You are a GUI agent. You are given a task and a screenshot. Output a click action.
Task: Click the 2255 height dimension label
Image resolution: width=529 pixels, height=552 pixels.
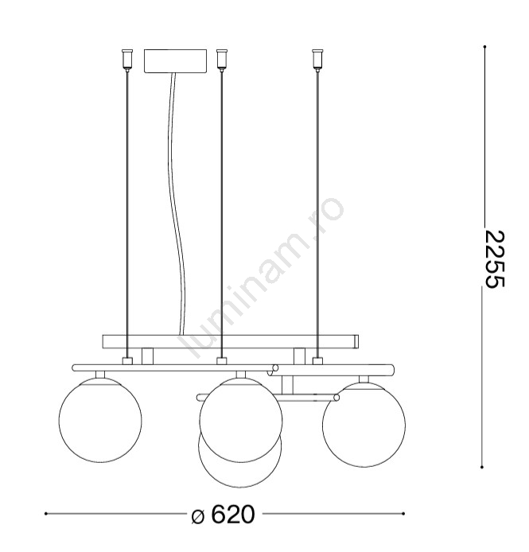point(495,259)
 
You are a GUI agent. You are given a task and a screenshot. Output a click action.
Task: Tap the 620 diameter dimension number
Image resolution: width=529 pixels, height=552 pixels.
point(233,515)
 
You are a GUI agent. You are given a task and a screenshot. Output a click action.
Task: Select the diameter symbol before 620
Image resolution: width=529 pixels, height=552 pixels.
point(198,516)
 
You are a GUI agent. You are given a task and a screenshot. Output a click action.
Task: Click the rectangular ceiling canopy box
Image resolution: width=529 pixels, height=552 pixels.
point(175,61)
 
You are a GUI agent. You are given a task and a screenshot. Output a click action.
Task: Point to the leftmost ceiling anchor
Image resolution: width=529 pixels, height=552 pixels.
point(127,60)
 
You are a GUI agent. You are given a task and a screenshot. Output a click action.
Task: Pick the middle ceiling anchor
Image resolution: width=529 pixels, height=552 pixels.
point(221,60)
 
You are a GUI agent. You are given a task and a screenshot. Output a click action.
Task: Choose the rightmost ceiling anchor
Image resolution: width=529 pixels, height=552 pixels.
point(317,60)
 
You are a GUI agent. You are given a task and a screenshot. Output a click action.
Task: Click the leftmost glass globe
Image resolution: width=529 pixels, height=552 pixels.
point(100,420)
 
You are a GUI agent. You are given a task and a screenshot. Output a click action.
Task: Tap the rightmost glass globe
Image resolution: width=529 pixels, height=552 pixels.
point(364,425)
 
